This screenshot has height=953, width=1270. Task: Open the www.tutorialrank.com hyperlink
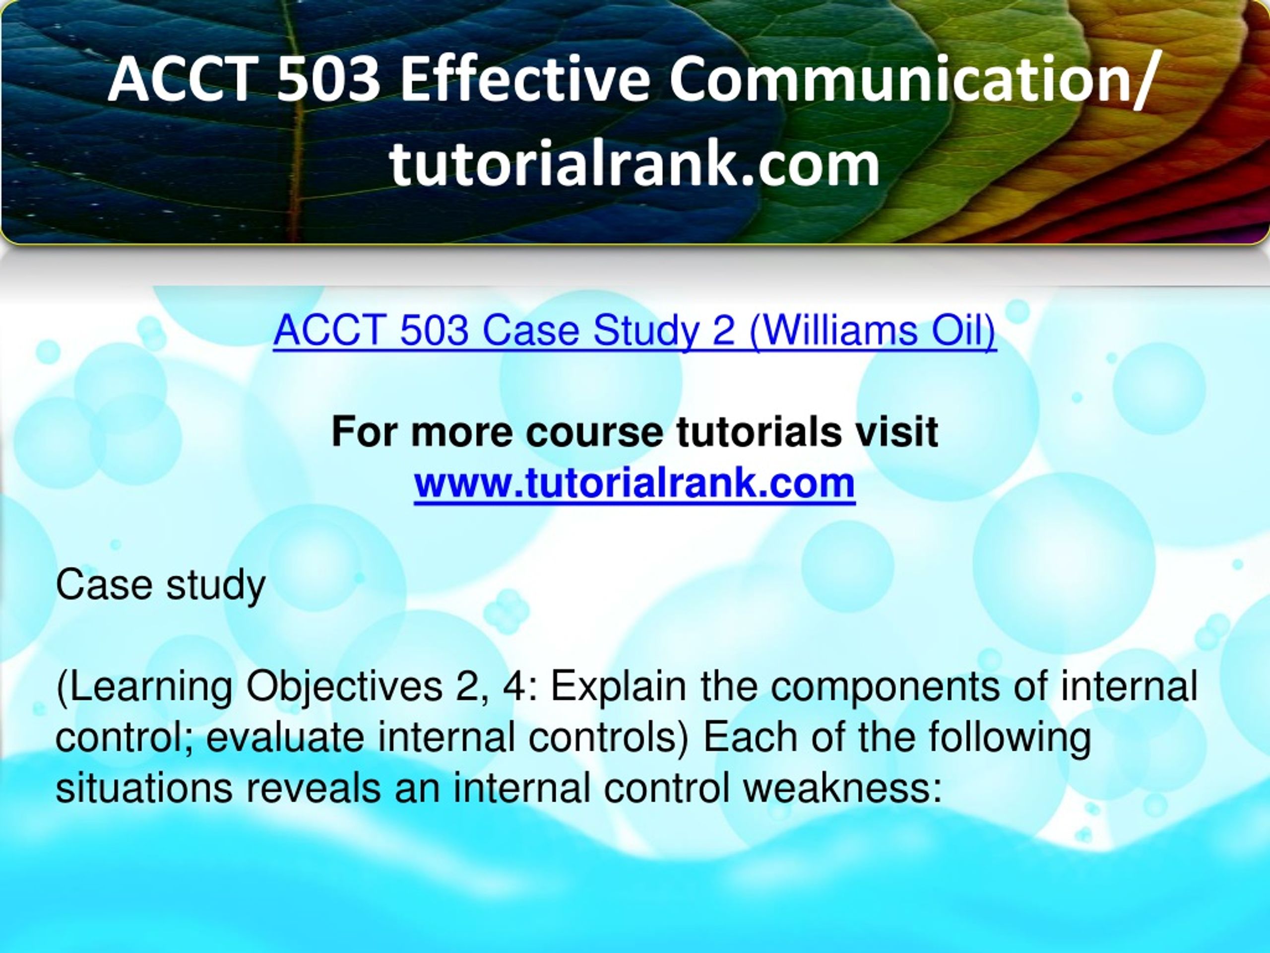point(635,483)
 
